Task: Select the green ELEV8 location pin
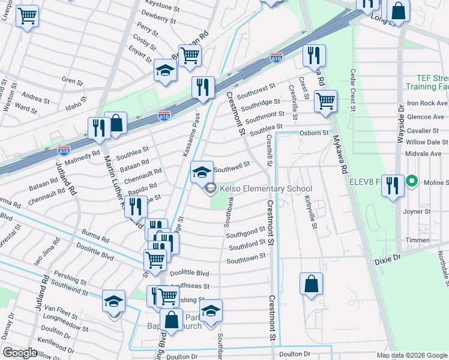click(x=412, y=180)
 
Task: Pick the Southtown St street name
click(x=246, y=259)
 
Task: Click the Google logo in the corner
click(x=20, y=353)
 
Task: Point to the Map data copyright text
click(x=411, y=355)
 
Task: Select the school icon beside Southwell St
click(x=202, y=172)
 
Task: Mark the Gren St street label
click(x=71, y=80)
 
